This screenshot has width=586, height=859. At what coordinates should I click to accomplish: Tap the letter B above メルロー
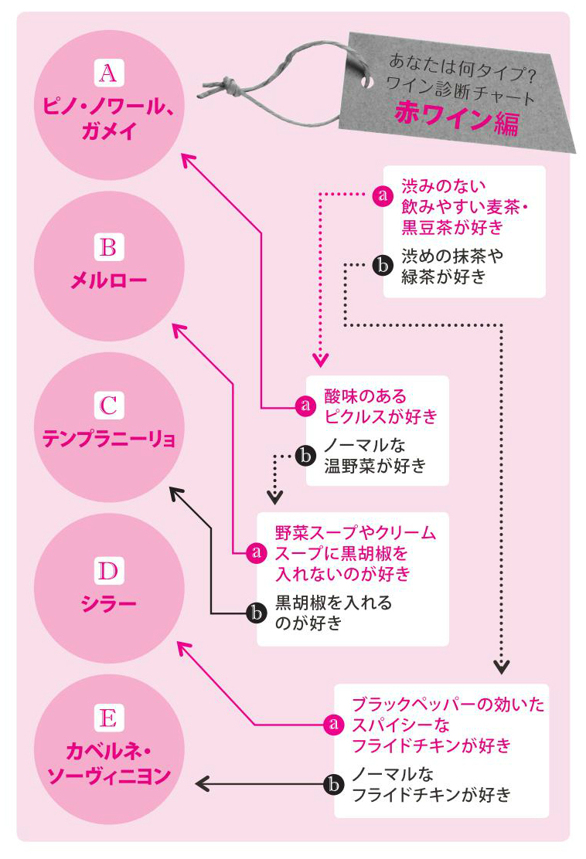click(x=108, y=247)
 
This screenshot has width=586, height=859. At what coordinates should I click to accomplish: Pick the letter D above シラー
click(x=108, y=572)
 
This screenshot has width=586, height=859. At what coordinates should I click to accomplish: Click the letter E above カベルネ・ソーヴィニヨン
click(x=108, y=719)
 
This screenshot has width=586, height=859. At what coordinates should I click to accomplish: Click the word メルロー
click(x=108, y=280)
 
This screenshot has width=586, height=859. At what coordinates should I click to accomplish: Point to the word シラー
click(x=108, y=603)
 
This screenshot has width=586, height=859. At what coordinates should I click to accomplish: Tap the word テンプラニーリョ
click(x=108, y=440)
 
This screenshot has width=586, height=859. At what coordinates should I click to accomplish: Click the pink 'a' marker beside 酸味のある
click(x=305, y=406)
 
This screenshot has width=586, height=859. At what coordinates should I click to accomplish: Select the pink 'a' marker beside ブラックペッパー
click(x=333, y=725)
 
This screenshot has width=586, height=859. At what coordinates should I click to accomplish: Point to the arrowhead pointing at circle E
click(x=203, y=783)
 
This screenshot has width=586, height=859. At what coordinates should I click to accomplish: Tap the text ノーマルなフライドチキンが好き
click(x=430, y=783)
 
